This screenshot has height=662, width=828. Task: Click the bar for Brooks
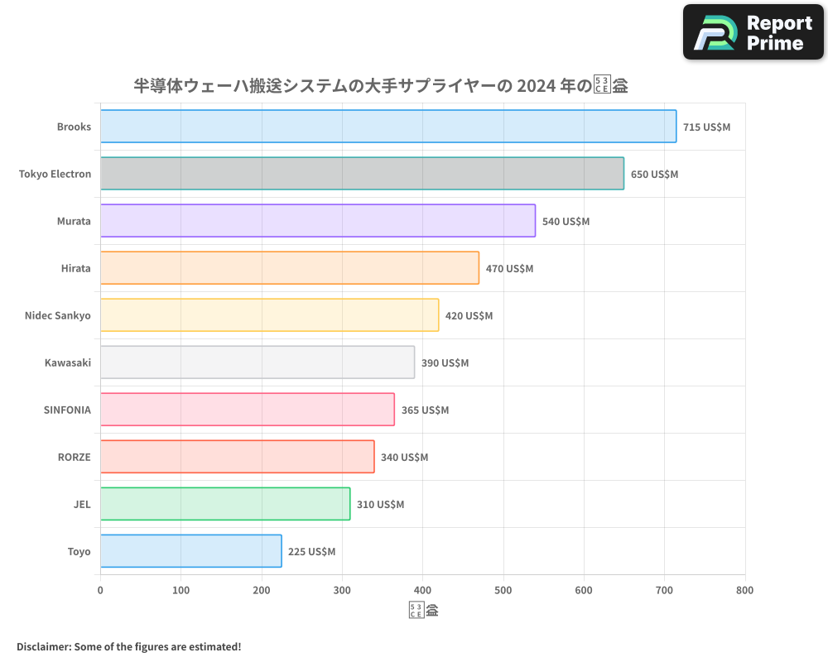click(x=388, y=127)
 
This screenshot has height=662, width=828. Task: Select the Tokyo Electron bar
click(x=362, y=174)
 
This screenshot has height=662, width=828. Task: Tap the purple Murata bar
click(x=318, y=221)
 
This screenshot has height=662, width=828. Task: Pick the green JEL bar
click(x=225, y=504)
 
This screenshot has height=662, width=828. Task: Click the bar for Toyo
click(x=191, y=551)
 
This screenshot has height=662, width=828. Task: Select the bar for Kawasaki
click(x=258, y=362)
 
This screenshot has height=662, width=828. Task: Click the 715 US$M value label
click(x=706, y=127)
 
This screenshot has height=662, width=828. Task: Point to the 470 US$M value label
click(x=509, y=268)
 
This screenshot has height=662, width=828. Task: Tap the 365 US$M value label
click(x=425, y=410)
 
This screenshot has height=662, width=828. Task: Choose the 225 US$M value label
click(x=311, y=551)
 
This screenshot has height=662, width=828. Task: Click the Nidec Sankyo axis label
click(x=58, y=315)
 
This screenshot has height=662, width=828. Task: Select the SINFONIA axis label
click(x=67, y=410)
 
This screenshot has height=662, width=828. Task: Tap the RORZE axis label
click(x=74, y=457)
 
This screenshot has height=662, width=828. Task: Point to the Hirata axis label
click(x=76, y=268)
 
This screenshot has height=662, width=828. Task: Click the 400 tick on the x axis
click(x=423, y=590)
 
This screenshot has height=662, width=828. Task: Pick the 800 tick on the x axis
click(x=744, y=590)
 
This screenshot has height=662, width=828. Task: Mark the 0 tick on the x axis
click(x=100, y=590)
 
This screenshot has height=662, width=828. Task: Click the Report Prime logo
click(x=753, y=32)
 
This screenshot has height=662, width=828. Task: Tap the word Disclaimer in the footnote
click(x=43, y=646)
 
